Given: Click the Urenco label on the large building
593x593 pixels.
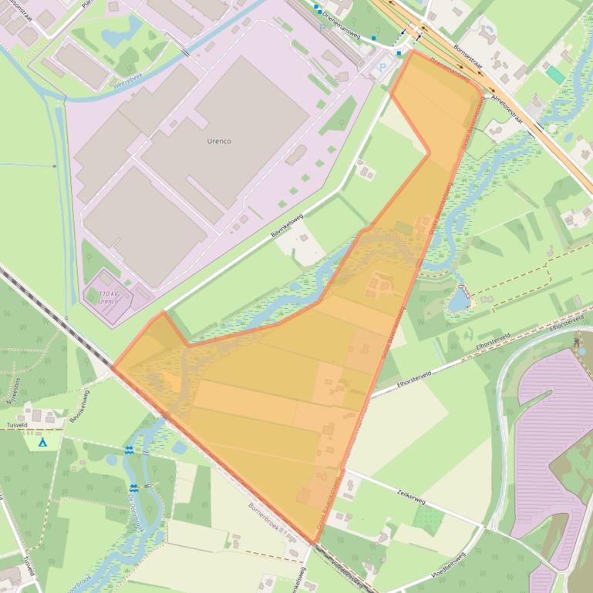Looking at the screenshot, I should tap(219, 142).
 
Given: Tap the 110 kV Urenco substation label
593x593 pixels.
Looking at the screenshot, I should tap(109, 297).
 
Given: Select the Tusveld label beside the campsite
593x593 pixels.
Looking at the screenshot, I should tap(18, 424).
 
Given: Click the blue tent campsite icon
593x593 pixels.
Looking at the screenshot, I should tap(42, 443).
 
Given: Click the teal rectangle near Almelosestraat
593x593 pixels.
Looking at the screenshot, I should tap(554, 75).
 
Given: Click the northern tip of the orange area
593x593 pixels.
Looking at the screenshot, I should tap(412, 52).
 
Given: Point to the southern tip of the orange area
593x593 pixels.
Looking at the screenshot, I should tap(312, 542).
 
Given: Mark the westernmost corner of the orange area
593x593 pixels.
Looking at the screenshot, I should tap(113, 367).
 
